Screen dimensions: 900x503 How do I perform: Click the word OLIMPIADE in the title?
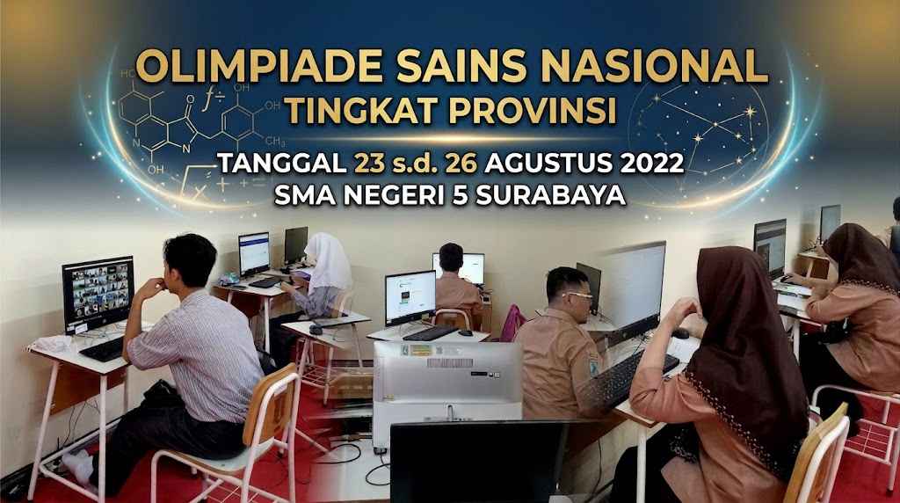pyautogui.click(x=259, y=67)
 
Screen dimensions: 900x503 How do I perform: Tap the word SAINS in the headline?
pyautogui.click(x=461, y=67)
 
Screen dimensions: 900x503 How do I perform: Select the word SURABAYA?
pyautogui.click(x=551, y=195)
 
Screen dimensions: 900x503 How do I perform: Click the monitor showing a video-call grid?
pyautogui.click(x=98, y=294)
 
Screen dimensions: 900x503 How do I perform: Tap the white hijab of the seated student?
pyautogui.click(x=328, y=262)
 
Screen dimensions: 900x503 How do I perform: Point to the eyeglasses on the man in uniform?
pyautogui.click(x=578, y=295)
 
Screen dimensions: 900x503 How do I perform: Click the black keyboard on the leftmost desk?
pyautogui.click(x=102, y=349)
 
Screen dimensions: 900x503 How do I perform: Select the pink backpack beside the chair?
pyautogui.click(x=512, y=324)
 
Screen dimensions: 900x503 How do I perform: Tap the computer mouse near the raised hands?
pyautogui.click(x=681, y=333)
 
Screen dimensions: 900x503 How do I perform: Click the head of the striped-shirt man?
pyautogui.click(x=190, y=261)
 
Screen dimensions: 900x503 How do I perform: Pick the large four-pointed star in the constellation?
pyautogui.click(x=750, y=111)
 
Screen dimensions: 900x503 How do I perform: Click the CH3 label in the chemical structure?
pyautogui.click(x=274, y=141)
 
